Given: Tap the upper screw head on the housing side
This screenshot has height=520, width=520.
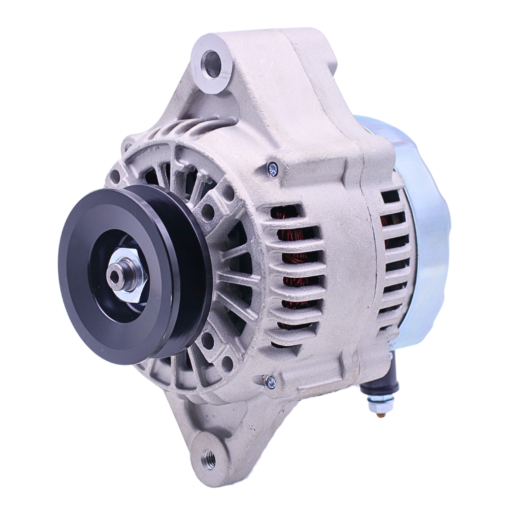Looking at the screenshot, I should pyautogui.click(x=273, y=169).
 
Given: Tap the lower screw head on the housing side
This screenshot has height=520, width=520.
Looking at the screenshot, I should pyautogui.click(x=271, y=381).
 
